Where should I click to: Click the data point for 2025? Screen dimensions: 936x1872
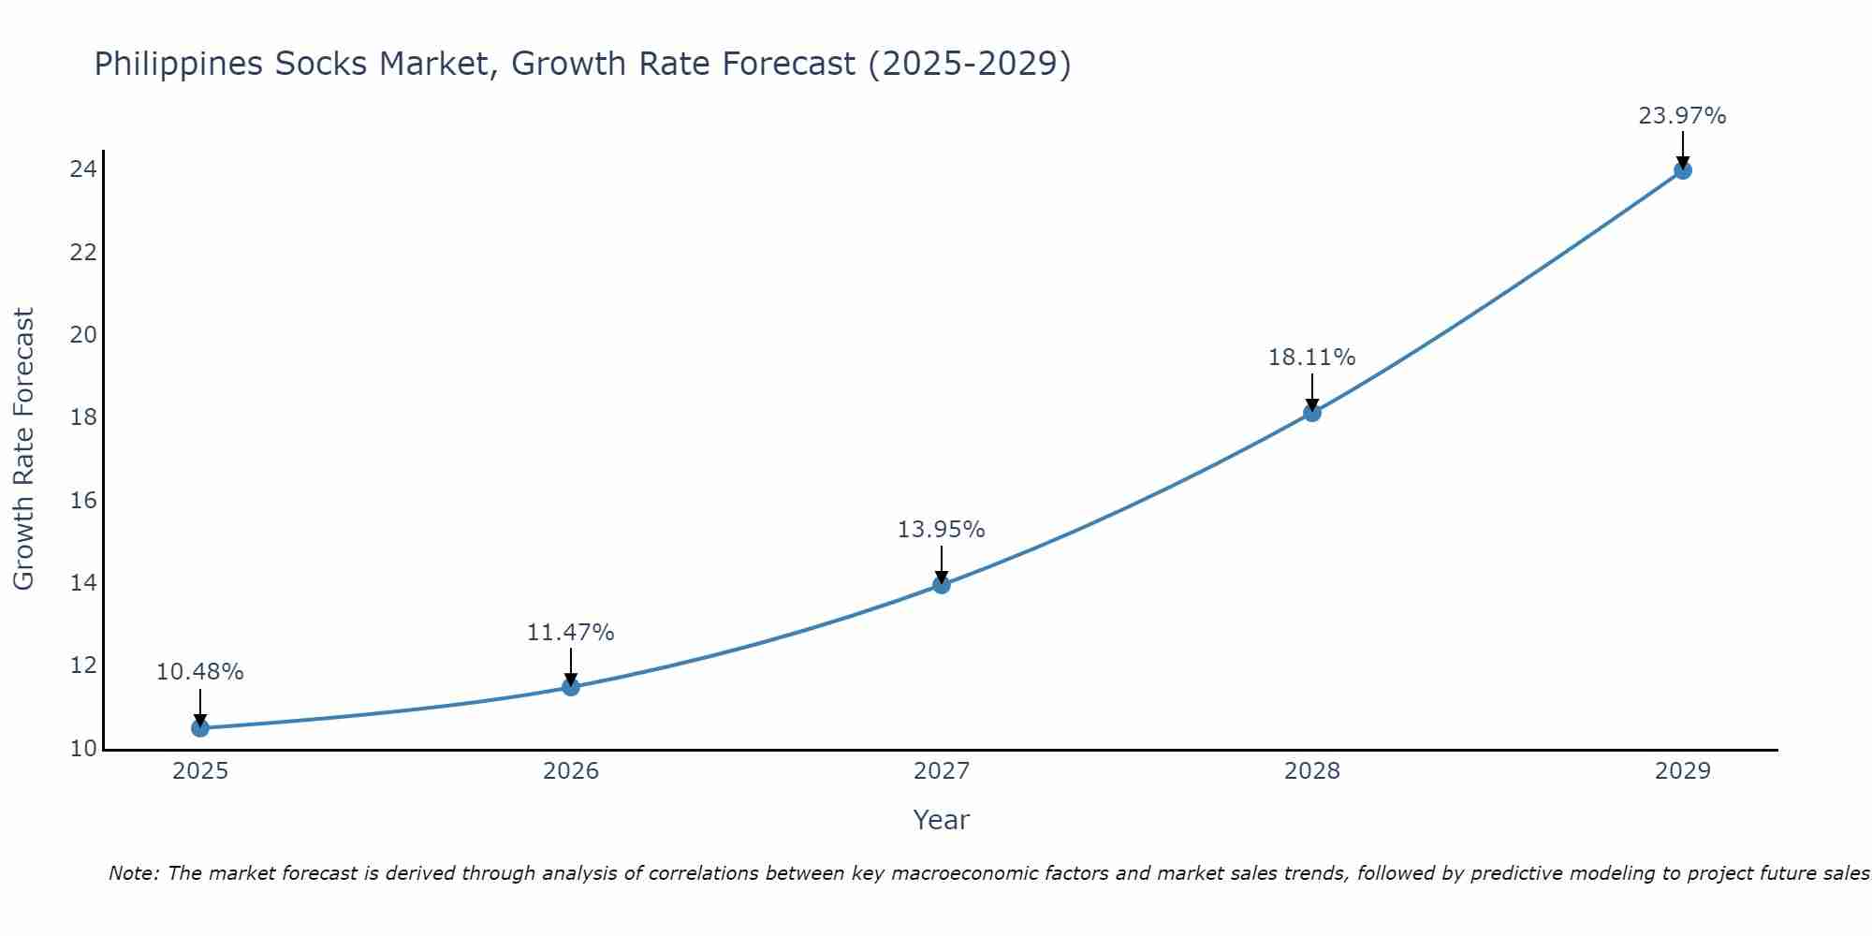(200, 728)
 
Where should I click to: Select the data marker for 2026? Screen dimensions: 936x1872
(571, 687)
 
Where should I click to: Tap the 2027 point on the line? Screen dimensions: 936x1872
(942, 585)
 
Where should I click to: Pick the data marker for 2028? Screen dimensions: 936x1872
(1312, 413)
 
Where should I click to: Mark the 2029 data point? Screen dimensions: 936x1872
(1683, 170)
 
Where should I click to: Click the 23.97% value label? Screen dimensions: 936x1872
(1682, 116)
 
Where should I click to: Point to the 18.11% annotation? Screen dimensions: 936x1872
(1311, 358)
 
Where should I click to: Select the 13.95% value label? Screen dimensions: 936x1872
(941, 530)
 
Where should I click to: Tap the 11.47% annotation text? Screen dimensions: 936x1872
(570, 633)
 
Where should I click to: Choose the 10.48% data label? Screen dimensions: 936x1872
(199, 672)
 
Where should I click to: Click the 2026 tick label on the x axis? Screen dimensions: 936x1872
(571, 771)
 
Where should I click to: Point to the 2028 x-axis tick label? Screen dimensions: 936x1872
(1312, 771)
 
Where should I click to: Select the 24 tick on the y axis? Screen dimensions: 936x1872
(83, 169)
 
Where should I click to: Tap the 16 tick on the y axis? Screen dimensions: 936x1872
(83, 501)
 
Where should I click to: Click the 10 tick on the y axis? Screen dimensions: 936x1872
(83, 749)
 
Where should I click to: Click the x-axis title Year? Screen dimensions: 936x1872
(941, 820)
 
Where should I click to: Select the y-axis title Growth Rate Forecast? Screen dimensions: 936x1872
(23, 449)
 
